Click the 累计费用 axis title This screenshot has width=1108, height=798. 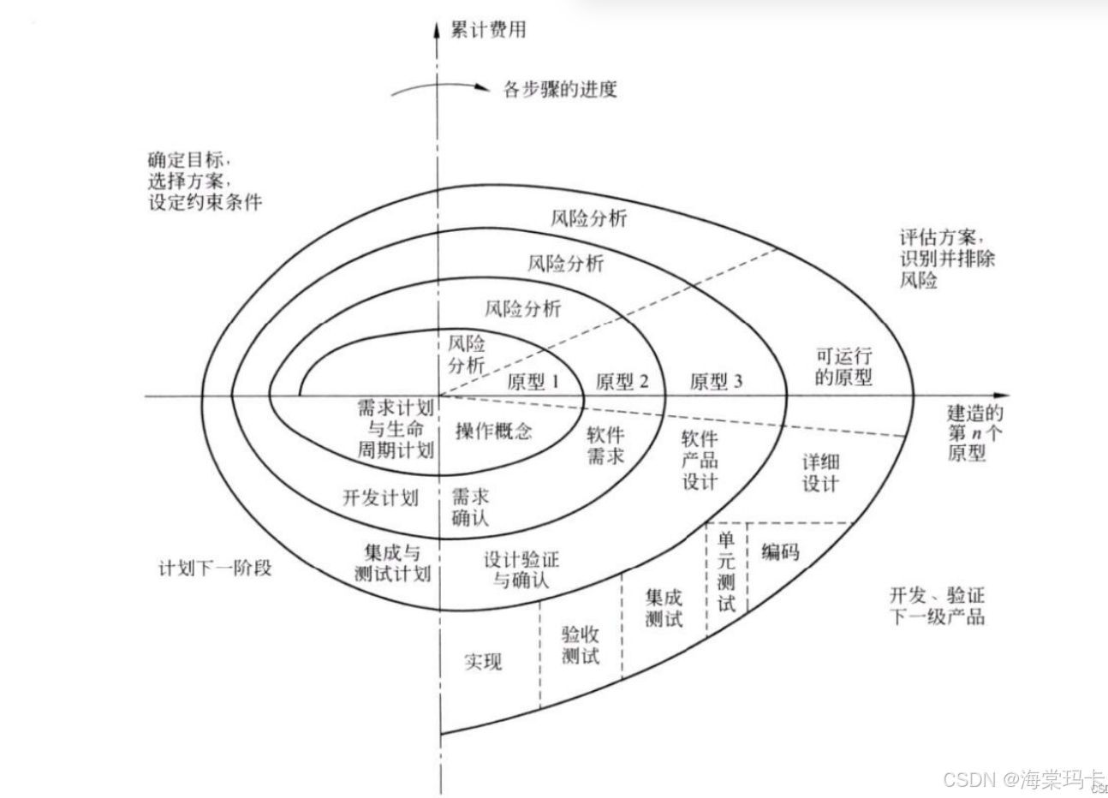[488, 31]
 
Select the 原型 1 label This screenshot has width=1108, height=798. [533, 382]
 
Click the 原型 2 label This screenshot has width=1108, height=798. [623, 382]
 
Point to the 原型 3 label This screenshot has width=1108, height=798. [716, 382]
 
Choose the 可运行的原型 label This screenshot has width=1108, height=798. [843, 366]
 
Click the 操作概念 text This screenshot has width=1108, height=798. [494, 431]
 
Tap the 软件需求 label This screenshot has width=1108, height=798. [606, 445]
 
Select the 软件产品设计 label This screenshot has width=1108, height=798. [700, 460]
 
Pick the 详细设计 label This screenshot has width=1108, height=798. [820, 473]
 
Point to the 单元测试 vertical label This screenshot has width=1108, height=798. [726, 572]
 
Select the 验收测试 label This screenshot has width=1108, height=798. [581, 645]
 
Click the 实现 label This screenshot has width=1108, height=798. [484, 662]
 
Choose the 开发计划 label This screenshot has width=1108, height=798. [380, 497]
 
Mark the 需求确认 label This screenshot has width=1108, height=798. [470, 506]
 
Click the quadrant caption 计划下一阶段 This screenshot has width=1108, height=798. [215, 568]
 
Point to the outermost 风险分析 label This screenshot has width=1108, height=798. [589, 218]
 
